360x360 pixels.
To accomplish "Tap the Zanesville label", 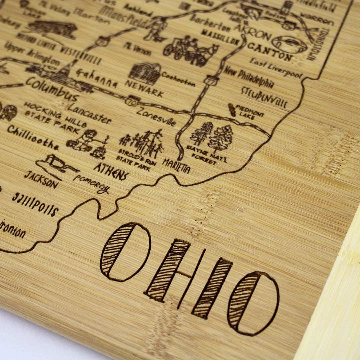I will (156, 116).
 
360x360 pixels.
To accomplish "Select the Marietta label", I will (176, 166).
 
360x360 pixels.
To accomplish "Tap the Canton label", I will (270, 52).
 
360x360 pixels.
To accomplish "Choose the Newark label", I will (144, 88).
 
